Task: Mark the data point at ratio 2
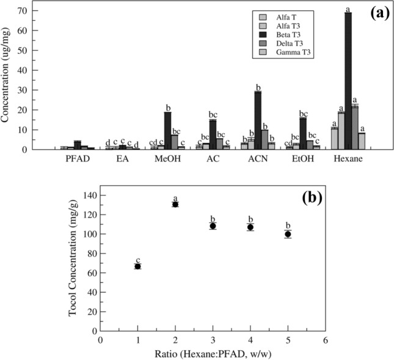[175, 204]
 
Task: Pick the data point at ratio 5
[288, 234]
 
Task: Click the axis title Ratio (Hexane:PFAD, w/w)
[212, 353]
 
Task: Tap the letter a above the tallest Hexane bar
[348, 9]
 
